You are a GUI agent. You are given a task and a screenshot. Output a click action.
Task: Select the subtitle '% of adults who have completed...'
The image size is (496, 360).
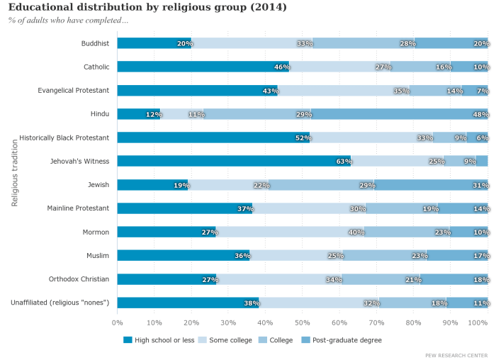[x=68, y=20]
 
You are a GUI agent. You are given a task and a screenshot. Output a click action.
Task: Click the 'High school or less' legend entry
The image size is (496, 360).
[x=159, y=340]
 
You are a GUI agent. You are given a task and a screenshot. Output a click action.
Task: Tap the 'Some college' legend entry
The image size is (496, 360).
[x=225, y=340]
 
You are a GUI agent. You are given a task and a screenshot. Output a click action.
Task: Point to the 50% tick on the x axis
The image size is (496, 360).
[x=303, y=323]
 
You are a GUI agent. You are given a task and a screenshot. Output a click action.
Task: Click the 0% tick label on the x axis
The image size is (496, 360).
[x=118, y=323]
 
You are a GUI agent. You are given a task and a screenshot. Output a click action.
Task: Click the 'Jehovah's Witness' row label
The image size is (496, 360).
[x=79, y=161]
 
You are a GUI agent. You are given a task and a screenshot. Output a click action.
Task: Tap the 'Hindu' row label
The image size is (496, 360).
[x=99, y=113]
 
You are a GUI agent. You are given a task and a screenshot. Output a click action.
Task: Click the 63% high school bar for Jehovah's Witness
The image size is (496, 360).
[x=234, y=161]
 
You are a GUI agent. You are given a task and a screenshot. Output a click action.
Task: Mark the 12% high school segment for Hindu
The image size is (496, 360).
[x=139, y=113]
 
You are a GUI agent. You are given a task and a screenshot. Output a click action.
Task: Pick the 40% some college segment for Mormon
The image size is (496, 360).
[x=291, y=232]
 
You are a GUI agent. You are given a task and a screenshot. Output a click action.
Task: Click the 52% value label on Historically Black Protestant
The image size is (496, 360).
[x=303, y=138]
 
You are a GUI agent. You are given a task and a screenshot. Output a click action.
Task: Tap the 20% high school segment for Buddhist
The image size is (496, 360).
[x=154, y=43]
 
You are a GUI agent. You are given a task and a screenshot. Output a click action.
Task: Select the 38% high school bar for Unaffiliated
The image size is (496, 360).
[x=188, y=303]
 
